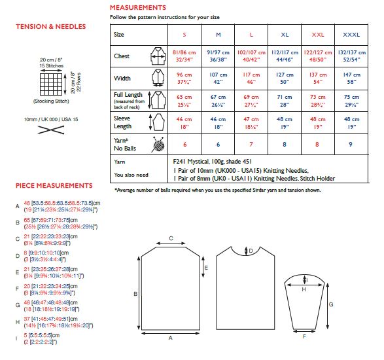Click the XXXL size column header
[x=350, y=33]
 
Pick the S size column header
[x=184, y=33]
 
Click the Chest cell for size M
[x=217, y=56]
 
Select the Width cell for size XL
[x=284, y=79]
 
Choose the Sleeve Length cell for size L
[x=251, y=123]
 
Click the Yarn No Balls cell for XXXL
[x=350, y=145]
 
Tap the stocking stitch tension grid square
[x=50, y=84]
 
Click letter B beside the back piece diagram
[x=135, y=295]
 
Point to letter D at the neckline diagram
[x=249, y=251]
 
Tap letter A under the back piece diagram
[x=170, y=338]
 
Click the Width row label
[x=122, y=79]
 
